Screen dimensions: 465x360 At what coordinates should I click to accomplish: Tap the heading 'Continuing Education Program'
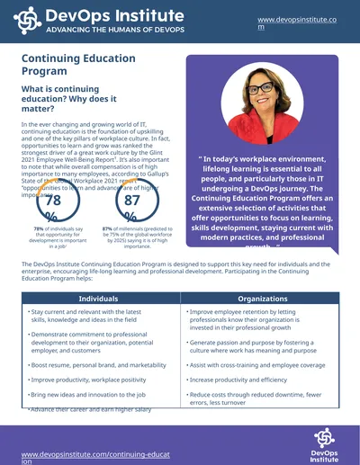point(72,65)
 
